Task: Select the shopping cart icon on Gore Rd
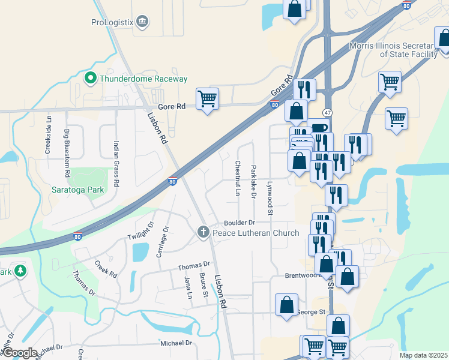207,98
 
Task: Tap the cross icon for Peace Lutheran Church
203,232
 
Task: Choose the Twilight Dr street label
141,230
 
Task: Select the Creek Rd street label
106,268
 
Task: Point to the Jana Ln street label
188,287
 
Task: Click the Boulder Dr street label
240,223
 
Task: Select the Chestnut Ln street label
238,178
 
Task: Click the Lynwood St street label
270,198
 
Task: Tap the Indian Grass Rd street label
116,163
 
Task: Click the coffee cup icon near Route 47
319,128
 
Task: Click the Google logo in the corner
19,352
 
